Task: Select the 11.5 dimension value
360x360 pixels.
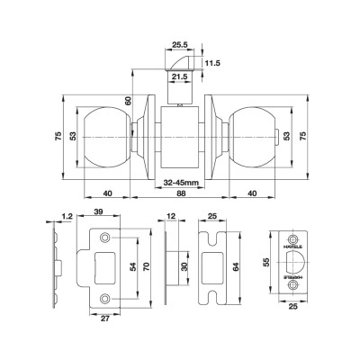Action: [213, 62]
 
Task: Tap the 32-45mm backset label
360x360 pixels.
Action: [181, 184]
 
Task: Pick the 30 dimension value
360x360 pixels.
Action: [184, 267]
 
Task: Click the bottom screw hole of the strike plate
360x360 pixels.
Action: [106, 297]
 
